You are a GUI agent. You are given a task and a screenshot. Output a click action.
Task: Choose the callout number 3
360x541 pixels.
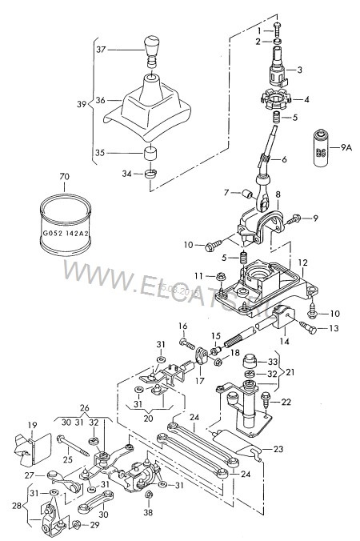point(300,70)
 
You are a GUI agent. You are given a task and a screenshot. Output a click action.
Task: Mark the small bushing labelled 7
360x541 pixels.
point(249,193)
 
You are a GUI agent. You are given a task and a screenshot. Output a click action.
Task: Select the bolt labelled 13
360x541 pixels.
point(308,327)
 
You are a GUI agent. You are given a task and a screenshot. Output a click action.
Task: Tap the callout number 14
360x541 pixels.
point(286,341)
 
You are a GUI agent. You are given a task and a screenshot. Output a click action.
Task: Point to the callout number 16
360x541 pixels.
point(182,327)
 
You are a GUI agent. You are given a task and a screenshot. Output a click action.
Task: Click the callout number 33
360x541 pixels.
point(272,361)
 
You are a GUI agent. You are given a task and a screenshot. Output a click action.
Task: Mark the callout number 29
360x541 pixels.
point(94,525)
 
